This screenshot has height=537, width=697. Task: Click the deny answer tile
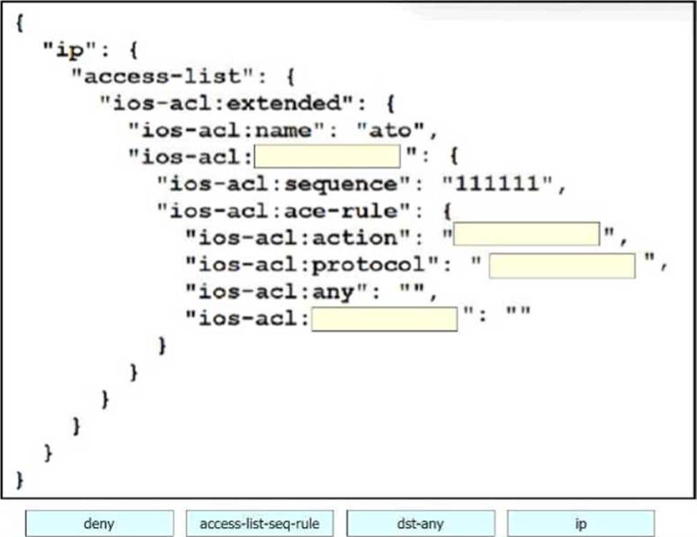pos(99,523)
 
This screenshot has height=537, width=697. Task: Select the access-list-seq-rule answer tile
pos(260,523)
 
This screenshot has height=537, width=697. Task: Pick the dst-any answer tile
pos(420,523)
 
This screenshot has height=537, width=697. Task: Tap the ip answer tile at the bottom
pos(580,523)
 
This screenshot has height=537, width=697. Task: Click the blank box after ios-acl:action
pos(526,234)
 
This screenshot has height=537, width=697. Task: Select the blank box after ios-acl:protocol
pos(562,266)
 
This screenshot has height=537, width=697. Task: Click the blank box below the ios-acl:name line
pos(327,155)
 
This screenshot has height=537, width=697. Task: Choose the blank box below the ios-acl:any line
pos(384,319)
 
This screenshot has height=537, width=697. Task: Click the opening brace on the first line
pos(19,24)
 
